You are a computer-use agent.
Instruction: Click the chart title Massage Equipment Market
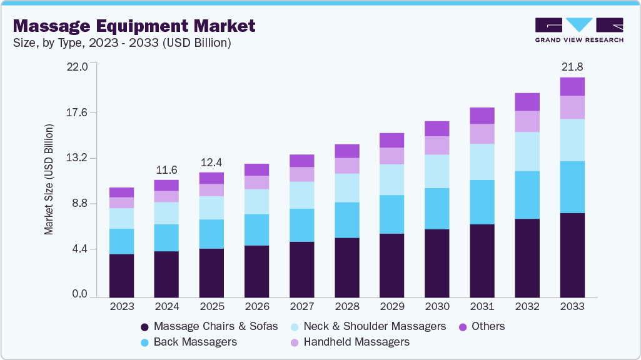point(134,26)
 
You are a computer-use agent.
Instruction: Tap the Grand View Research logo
point(578,29)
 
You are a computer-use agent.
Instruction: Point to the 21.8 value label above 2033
point(572,66)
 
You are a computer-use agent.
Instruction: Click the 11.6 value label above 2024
point(166,169)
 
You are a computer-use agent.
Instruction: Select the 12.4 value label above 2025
point(211,162)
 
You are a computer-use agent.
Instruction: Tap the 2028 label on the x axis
point(346,306)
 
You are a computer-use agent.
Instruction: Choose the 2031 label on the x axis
point(482,306)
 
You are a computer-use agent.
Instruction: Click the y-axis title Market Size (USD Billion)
point(49,179)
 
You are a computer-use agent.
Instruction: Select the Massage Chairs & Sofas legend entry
point(209,326)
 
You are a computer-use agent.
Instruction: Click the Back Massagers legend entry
point(189,342)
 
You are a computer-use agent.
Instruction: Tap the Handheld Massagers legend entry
point(350,342)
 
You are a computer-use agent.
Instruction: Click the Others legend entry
point(481,326)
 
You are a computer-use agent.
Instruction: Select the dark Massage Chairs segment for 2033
point(572,255)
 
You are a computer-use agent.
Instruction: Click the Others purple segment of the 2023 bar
point(121,192)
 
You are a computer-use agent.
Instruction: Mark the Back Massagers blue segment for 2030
point(437,209)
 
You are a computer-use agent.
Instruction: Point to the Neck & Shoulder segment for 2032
point(527,151)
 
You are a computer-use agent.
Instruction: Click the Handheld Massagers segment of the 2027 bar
point(301,174)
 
